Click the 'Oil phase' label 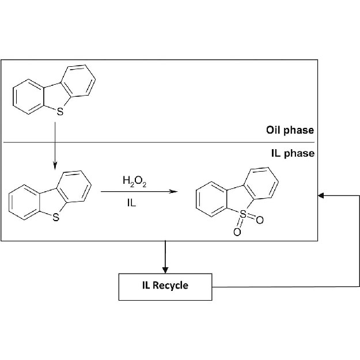[x=290, y=130]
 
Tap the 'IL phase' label [x=293, y=153]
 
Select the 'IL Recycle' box [x=165, y=285]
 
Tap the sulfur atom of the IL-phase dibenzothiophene [x=55, y=217]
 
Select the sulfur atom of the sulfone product [x=243, y=214]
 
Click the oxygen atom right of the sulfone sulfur [x=260, y=220]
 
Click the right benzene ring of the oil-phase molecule [x=78, y=81]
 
